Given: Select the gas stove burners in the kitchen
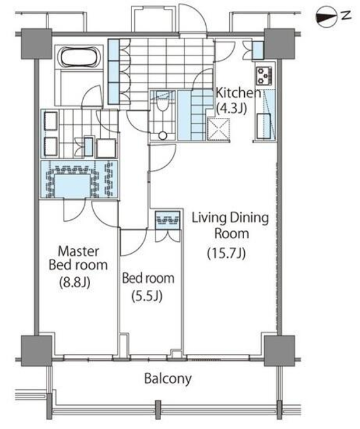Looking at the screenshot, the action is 264,76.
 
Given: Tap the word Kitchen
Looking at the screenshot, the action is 239,93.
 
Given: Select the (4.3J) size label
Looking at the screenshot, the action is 232,108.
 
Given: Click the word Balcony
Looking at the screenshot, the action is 168,379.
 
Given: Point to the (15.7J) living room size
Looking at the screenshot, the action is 226,253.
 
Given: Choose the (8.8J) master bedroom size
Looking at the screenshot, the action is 75,282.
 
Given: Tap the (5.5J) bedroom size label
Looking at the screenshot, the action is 147,295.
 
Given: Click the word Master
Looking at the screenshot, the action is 79,251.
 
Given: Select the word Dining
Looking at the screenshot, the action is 249,219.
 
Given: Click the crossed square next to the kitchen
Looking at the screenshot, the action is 218,129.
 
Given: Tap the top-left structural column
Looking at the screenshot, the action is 37,43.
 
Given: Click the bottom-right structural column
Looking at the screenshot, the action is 279,351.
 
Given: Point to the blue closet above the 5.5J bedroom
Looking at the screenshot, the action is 167,220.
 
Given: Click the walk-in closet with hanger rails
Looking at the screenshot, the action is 79,179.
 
